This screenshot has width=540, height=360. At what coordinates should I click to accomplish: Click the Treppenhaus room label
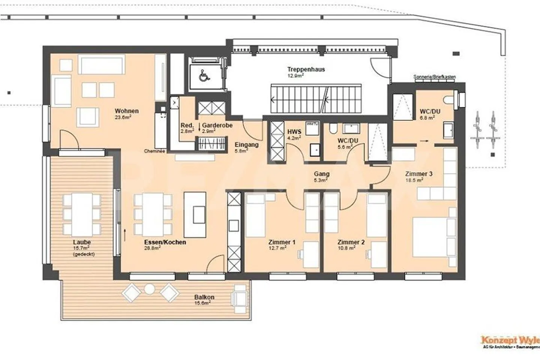click(306, 69)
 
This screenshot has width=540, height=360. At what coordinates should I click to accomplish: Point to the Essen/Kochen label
click(165, 242)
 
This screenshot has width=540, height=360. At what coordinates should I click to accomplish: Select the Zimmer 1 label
click(282, 242)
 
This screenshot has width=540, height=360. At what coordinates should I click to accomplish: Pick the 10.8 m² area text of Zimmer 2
click(346, 248)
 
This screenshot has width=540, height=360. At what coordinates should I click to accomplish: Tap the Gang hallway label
click(322, 174)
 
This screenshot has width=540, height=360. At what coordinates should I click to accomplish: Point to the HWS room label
click(294, 132)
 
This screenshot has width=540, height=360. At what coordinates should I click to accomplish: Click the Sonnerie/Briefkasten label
click(435, 77)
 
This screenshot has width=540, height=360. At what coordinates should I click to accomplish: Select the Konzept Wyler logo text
click(510, 340)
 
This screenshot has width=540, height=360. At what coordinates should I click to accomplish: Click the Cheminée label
click(154, 151)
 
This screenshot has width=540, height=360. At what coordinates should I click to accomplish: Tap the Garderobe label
click(217, 126)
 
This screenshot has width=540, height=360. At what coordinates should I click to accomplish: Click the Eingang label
click(246, 145)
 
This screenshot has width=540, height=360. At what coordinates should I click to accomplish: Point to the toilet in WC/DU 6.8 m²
click(448, 100)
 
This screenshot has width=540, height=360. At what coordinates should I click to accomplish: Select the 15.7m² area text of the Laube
click(81, 248)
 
